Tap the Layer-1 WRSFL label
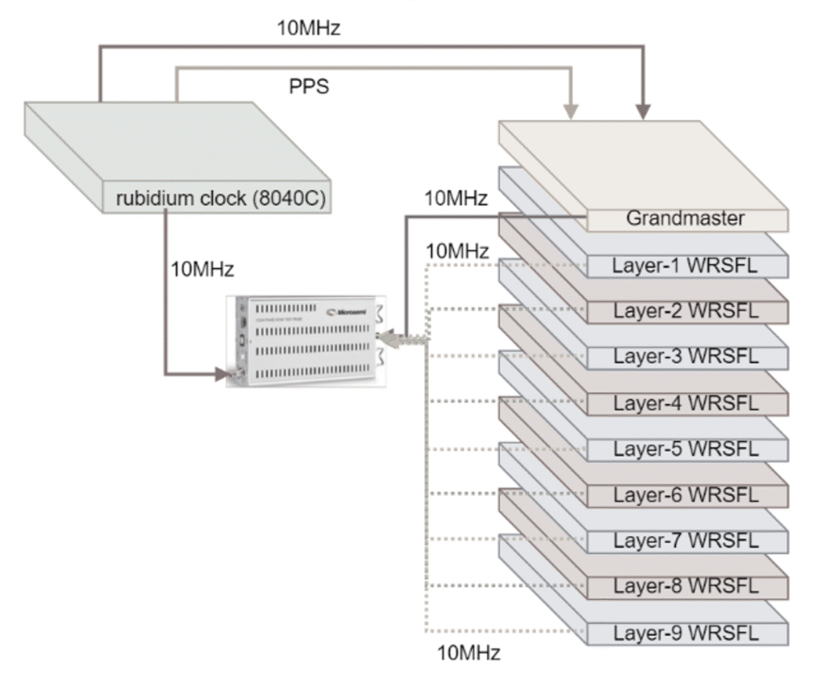click(686, 264)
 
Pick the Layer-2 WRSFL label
click(686, 311)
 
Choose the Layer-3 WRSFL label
click(686, 356)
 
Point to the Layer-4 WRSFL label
click(686, 402)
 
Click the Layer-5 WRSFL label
click(686, 448)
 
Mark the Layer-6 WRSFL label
click(686, 495)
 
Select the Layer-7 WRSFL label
click(686, 540)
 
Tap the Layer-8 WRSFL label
click(686, 586)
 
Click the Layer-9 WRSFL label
click(686, 632)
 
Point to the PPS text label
click(310, 87)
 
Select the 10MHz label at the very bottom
click(468, 653)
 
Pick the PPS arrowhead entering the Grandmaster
click(573, 112)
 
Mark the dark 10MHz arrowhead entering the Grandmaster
click(644, 112)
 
